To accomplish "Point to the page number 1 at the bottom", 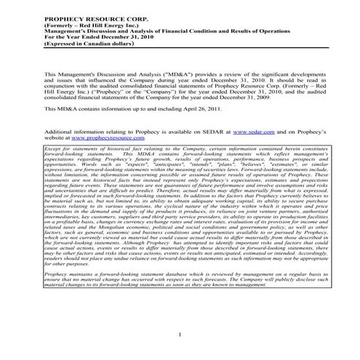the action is pyautogui.click(x=180, y=335).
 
